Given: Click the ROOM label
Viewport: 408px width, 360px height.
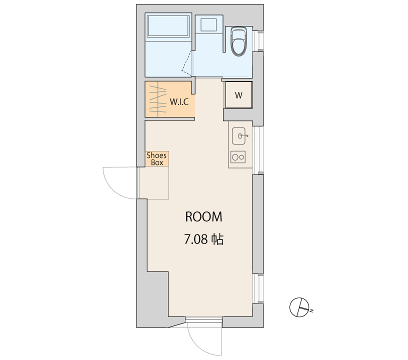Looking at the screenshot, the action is pos(203,216).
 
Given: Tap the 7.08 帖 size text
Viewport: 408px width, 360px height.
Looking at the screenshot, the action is pos(203,239).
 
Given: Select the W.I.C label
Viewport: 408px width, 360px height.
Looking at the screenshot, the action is pos(179,101).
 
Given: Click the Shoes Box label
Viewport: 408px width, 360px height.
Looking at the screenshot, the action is pos(156,159).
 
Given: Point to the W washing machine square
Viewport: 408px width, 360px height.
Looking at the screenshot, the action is pos(238,94).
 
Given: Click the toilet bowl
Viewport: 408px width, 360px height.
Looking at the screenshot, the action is pos(238,41).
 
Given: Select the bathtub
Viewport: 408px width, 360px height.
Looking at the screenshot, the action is pos(168,26).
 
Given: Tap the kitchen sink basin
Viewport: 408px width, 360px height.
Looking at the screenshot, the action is pos(238,136).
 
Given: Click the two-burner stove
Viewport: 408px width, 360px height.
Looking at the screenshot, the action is pos(238,157).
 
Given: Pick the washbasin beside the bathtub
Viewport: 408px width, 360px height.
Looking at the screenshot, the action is pos(208,24).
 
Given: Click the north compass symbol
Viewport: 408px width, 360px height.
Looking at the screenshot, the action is pos(299,307).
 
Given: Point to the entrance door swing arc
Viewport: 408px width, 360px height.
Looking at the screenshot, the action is pos(113,189).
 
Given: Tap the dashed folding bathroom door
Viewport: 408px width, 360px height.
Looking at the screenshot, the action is pos(187,63).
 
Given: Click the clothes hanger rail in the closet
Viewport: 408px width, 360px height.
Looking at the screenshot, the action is pos(157,99).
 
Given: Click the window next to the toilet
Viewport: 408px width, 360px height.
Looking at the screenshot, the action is pos(260,41).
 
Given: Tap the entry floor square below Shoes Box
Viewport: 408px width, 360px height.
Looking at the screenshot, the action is pos(154,183).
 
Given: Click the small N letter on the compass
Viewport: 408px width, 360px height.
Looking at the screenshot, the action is pos(311,310).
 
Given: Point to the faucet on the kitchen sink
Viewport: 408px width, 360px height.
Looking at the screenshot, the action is pos(243,136).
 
